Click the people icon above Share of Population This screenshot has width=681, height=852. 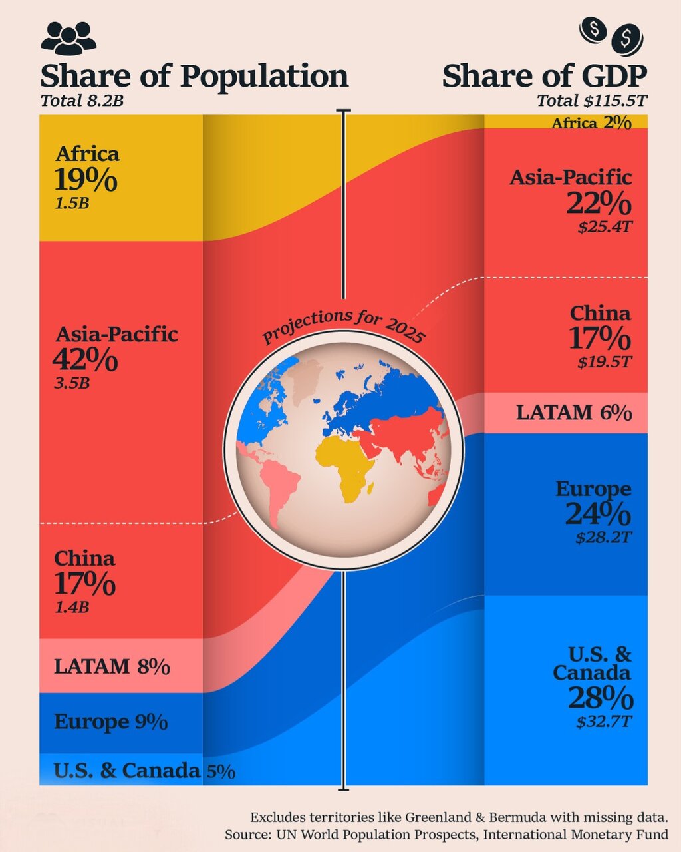tap(68, 38)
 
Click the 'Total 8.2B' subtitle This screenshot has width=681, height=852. tap(82, 101)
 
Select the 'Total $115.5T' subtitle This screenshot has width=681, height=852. tap(592, 101)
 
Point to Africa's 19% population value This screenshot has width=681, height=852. tap(86, 180)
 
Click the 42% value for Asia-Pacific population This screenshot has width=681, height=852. tap(85, 359)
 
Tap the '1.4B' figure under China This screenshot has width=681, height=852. tap(72, 607)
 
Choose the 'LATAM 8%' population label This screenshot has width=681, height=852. tap(112, 666)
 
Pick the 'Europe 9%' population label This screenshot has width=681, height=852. tap(110, 722)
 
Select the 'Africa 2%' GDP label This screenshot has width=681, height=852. tap(591, 122)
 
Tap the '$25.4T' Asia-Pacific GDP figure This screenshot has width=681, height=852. tap(605, 226)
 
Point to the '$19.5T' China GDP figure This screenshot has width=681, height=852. tap(605, 362)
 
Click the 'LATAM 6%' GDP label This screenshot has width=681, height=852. tap(573, 413)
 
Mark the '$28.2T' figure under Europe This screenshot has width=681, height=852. tap(603, 536)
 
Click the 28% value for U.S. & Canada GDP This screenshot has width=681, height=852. tap(601, 698)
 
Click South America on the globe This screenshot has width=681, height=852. tap(281, 483)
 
